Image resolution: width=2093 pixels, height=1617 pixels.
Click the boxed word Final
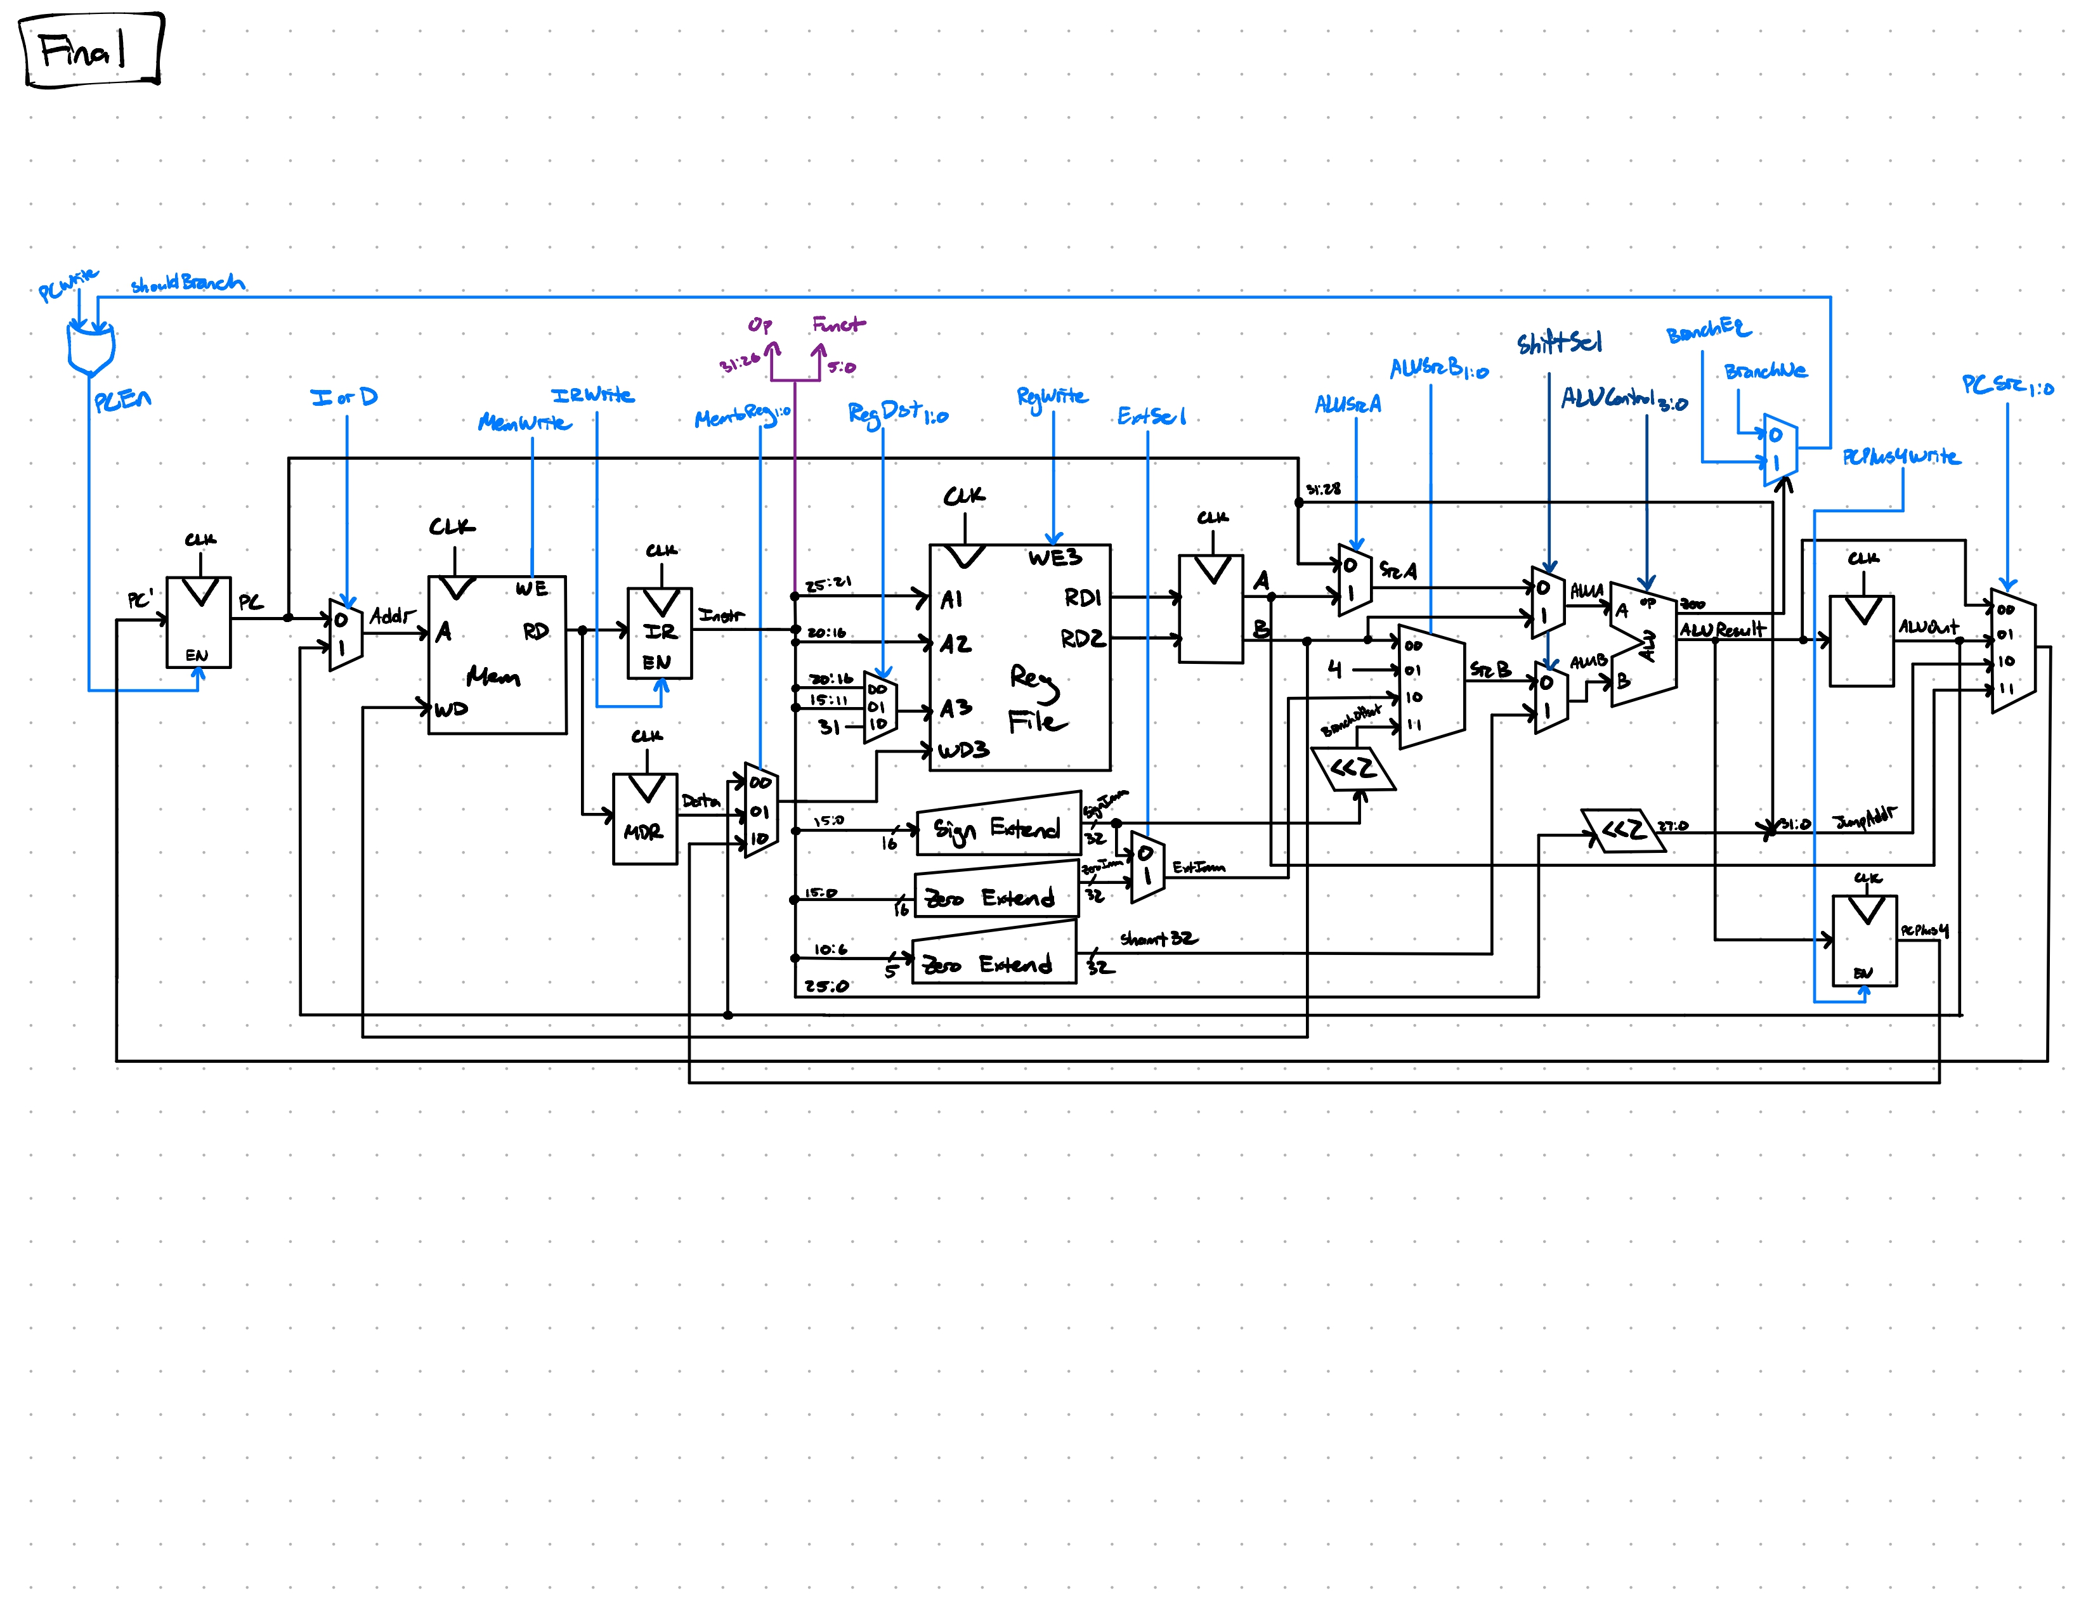[x=84, y=50]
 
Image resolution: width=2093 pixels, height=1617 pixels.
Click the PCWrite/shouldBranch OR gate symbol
[x=91, y=347]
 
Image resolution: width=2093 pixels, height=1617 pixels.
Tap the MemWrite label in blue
[x=525, y=422]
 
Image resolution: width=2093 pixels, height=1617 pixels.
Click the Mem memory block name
[x=493, y=677]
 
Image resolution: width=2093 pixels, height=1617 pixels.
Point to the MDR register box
[x=645, y=819]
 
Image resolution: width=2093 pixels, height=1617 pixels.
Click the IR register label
[x=660, y=632]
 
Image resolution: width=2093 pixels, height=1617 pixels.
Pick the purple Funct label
[x=838, y=325]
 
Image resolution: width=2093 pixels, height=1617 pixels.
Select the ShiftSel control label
[x=1558, y=343]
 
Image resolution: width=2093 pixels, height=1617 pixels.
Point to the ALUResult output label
[x=1721, y=630]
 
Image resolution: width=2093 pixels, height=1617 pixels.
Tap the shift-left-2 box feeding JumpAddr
[x=1622, y=829]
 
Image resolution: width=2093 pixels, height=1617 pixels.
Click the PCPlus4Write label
[x=1900, y=457]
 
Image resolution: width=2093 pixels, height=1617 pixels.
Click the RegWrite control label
[x=1052, y=396]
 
